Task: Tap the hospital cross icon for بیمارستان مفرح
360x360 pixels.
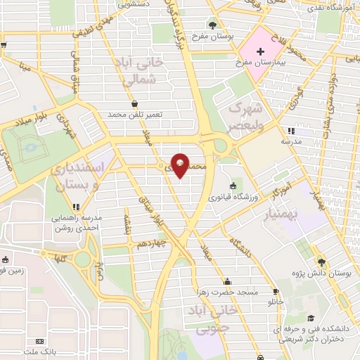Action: point(260,51)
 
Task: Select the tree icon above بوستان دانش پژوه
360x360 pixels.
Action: point(322,259)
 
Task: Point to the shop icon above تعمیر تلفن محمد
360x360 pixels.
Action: point(134,103)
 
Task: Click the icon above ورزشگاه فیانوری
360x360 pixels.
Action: point(232,186)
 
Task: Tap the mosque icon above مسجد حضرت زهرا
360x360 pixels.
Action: point(226,281)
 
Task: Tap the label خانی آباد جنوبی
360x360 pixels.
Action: point(204,319)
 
